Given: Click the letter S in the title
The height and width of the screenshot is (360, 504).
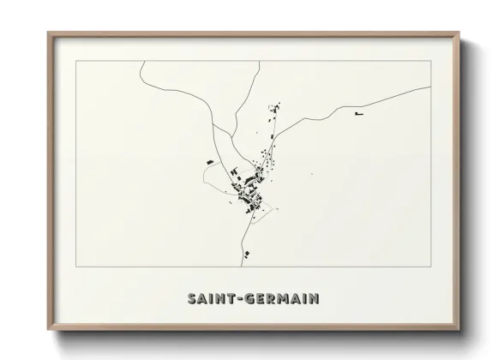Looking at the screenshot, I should point(191,299).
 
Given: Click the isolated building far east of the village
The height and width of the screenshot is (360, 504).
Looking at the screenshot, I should point(359,112).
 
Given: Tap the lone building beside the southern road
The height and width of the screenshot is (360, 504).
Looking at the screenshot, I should point(245,253).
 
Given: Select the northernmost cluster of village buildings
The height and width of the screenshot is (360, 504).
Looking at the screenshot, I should point(275,108).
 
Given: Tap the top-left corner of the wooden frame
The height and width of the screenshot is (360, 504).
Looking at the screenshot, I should point(49,33).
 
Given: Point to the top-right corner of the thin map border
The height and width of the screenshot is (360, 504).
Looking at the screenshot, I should point(429,62).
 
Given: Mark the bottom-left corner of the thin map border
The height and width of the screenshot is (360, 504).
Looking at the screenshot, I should point(76,267).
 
